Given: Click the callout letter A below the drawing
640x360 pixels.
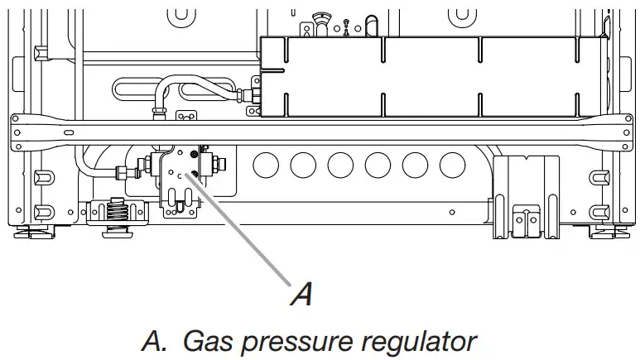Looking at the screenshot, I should pyautogui.click(x=303, y=293).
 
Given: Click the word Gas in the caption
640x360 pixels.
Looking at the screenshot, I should pyautogui.click(x=207, y=341).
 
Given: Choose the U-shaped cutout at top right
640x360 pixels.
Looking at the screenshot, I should pyautogui.click(x=460, y=15).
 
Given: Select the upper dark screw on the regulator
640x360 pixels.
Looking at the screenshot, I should pyautogui.click(x=193, y=154).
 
